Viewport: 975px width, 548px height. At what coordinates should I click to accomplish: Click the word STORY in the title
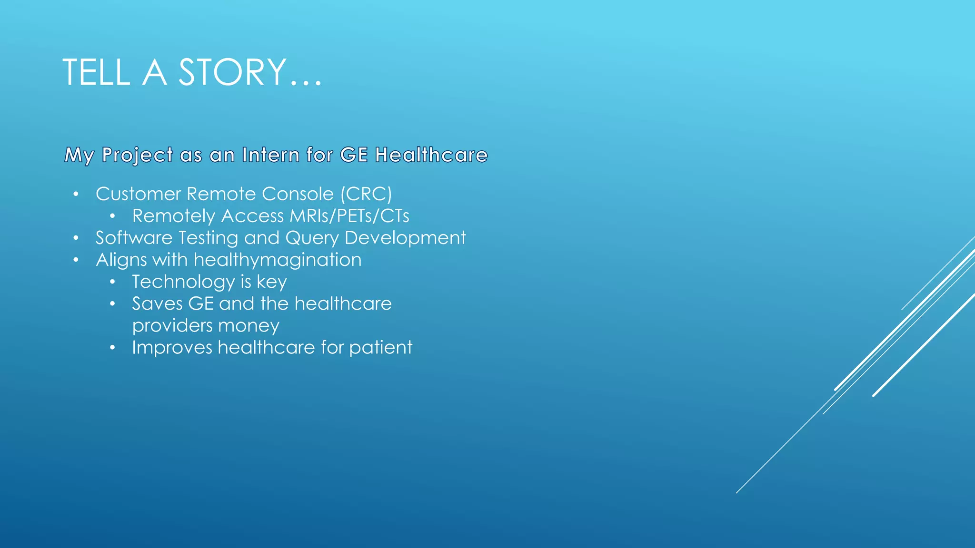pos(232,72)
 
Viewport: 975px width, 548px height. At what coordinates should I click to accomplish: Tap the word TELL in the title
pos(96,72)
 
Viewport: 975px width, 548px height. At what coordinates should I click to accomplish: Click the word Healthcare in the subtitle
pos(431,155)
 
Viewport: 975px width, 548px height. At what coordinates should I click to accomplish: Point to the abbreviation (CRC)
pos(366,194)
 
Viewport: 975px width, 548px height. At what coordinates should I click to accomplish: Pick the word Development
pos(405,238)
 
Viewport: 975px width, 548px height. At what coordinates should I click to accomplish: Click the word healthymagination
pos(278,260)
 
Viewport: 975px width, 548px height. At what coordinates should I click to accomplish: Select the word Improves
pos(172,347)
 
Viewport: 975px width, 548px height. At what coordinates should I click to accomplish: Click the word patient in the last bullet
pos(380,348)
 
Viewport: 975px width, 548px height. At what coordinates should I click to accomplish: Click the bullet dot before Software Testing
pos(76,238)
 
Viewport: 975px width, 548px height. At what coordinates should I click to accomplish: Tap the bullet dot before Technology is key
pos(112,282)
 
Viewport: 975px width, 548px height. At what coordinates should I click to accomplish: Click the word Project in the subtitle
pos(138,156)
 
